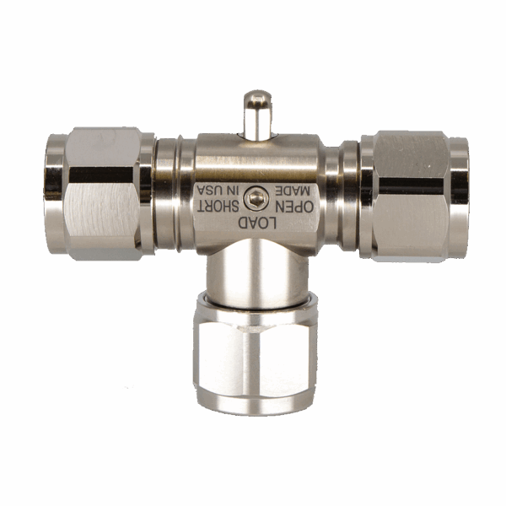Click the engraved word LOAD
click(257, 223)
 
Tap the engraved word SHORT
click(218, 207)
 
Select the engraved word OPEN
click(294, 207)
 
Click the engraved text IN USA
click(218, 191)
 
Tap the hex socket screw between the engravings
click(256, 198)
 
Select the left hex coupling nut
click(103, 193)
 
